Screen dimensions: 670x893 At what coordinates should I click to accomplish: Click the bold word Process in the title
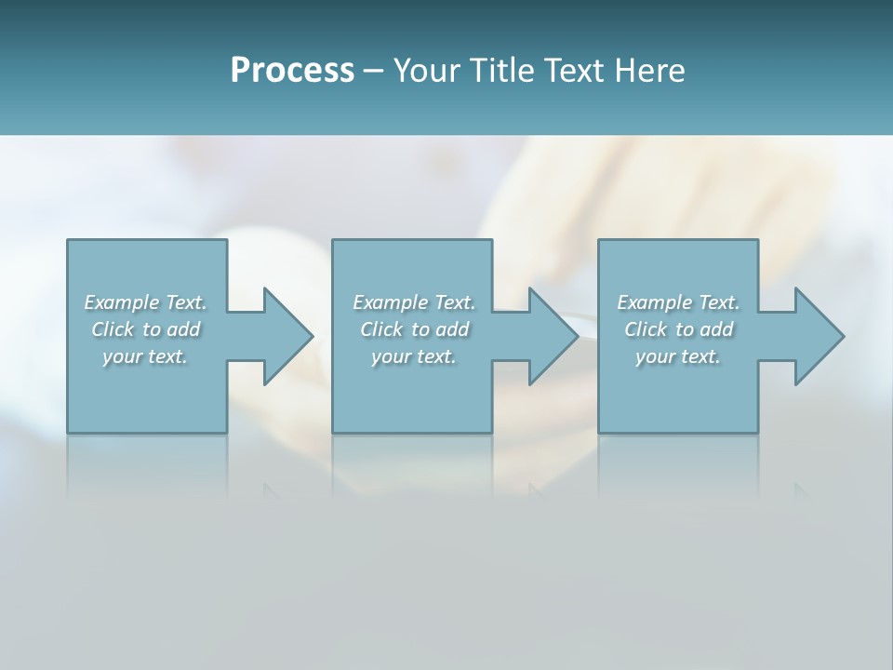pyautogui.click(x=292, y=70)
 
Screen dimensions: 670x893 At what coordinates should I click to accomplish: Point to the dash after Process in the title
pyautogui.click(x=373, y=71)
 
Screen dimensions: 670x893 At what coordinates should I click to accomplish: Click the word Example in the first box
pyautogui.click(x=121, y=302)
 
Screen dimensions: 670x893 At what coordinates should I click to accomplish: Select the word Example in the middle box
pyautogui.click(x=390, y=302)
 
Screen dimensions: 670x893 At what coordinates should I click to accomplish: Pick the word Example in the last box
pyautogui.click(x=654, y=302)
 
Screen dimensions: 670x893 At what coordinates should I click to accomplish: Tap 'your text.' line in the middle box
pyautogui.click(x=413, y=356)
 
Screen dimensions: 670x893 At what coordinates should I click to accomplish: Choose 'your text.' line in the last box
pyautogui.click(x=677, y=356)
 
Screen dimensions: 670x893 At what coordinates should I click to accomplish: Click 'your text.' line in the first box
pyautogui.click(x=144, y=356)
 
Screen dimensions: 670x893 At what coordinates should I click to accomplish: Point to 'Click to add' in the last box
pyautogui.click(x=678, y=329)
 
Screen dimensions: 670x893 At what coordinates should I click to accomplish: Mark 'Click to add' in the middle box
pyautogui.click(x=414, y=329)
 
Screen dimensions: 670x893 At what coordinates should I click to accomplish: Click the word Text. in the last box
pyautogui.click(x=718, y=302)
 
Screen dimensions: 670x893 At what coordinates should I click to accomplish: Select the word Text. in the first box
pyautogui.click(x=185, y=302)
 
